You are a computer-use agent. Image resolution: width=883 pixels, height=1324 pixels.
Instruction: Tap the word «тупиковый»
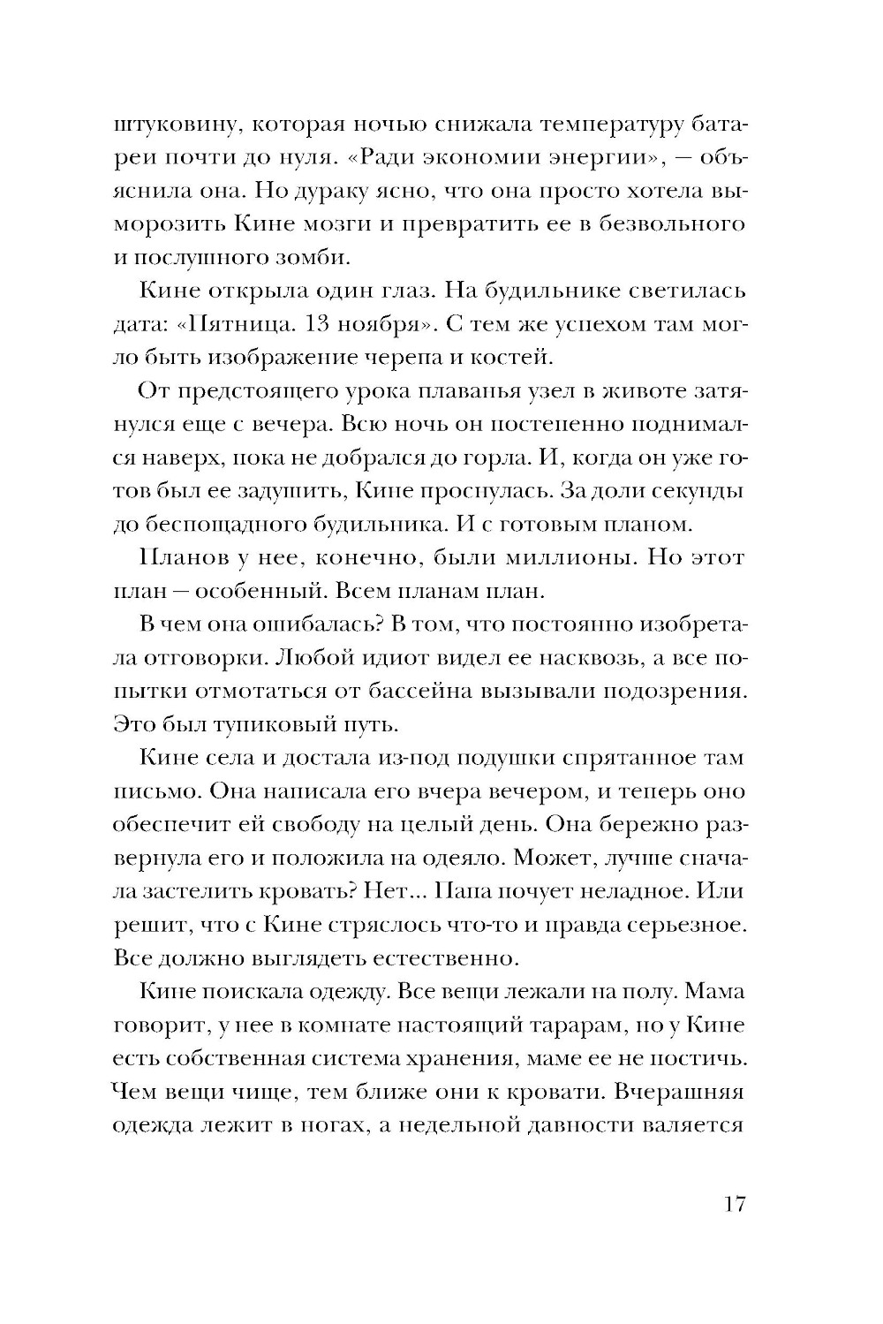pyautogui.click(x=265, y=724)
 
